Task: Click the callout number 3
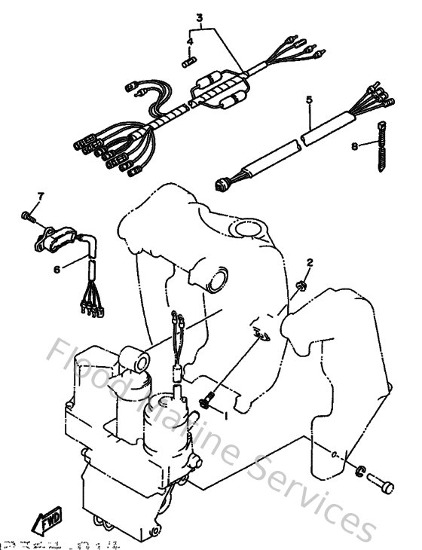tap(200, 17)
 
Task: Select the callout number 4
tap(190, 41)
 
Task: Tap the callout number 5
tap(308, 99)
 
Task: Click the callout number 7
tap(41, 197)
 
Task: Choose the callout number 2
tap(309, 263)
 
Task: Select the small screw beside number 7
tap(29, 216)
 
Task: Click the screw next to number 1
tap(207, 399)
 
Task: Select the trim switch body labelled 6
tap(50, 239)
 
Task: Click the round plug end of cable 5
tap(223, 181)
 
